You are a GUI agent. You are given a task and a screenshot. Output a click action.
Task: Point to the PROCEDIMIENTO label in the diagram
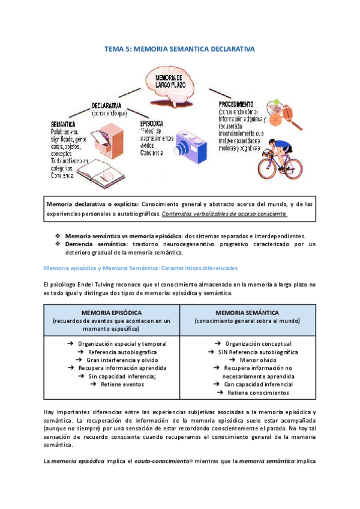236,104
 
